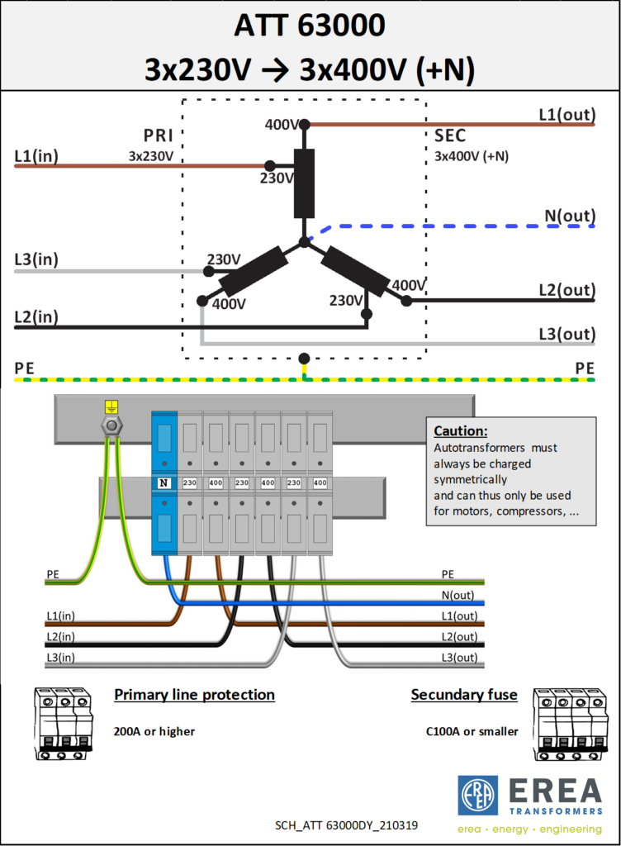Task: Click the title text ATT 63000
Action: tap(310, 26)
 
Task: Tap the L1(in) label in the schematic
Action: tap(36, 156)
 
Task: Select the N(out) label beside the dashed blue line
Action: tap(570, 216)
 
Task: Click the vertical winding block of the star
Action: tap(304, 183)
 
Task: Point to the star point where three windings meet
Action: tap(305, 242)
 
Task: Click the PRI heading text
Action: tap(159, 135)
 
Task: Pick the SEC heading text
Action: tap(450, 135)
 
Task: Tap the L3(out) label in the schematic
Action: tap(567, 334)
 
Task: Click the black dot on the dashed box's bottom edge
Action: tap(304, 359)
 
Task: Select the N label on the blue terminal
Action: tap(164, 482)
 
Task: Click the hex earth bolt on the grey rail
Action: tap(111, 426)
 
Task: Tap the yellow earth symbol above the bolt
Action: tap(111, 406)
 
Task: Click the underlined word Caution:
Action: tap(460, 431)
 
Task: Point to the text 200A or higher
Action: tap(154, 732)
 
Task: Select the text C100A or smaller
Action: tap(472, 732)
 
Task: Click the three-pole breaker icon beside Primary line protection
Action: tap(64, 724)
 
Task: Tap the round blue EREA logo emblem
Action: tap(477, 796)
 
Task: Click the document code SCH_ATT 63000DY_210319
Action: tap(346, 825)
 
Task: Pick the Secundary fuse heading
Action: tap(464, 695)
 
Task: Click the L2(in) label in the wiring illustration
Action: tap(60, 637)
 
